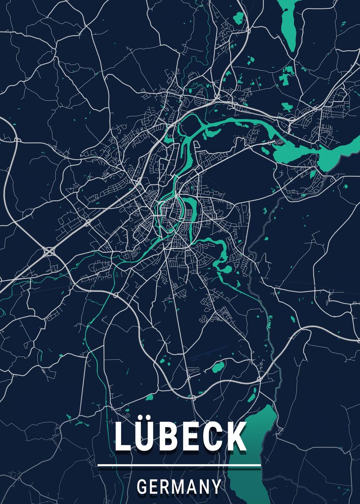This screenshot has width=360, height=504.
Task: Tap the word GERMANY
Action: click(x=179, y=487)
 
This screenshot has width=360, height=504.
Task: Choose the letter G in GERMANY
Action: click(x=142, y=487)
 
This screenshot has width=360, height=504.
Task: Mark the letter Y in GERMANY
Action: click(x=215, y=487)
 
